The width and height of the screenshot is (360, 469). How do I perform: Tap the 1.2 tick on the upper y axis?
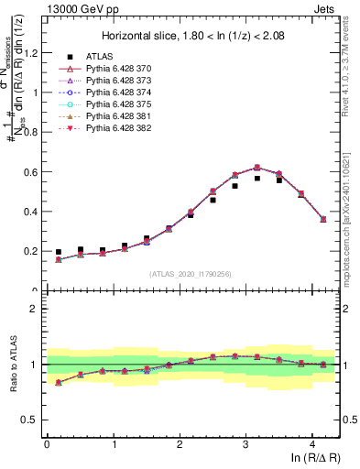point(31,52)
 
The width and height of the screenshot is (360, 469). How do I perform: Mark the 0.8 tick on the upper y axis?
point(31,132)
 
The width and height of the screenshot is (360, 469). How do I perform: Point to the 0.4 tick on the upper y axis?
point(31,212)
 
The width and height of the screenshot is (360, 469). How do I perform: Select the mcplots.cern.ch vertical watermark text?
point(352,220)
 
